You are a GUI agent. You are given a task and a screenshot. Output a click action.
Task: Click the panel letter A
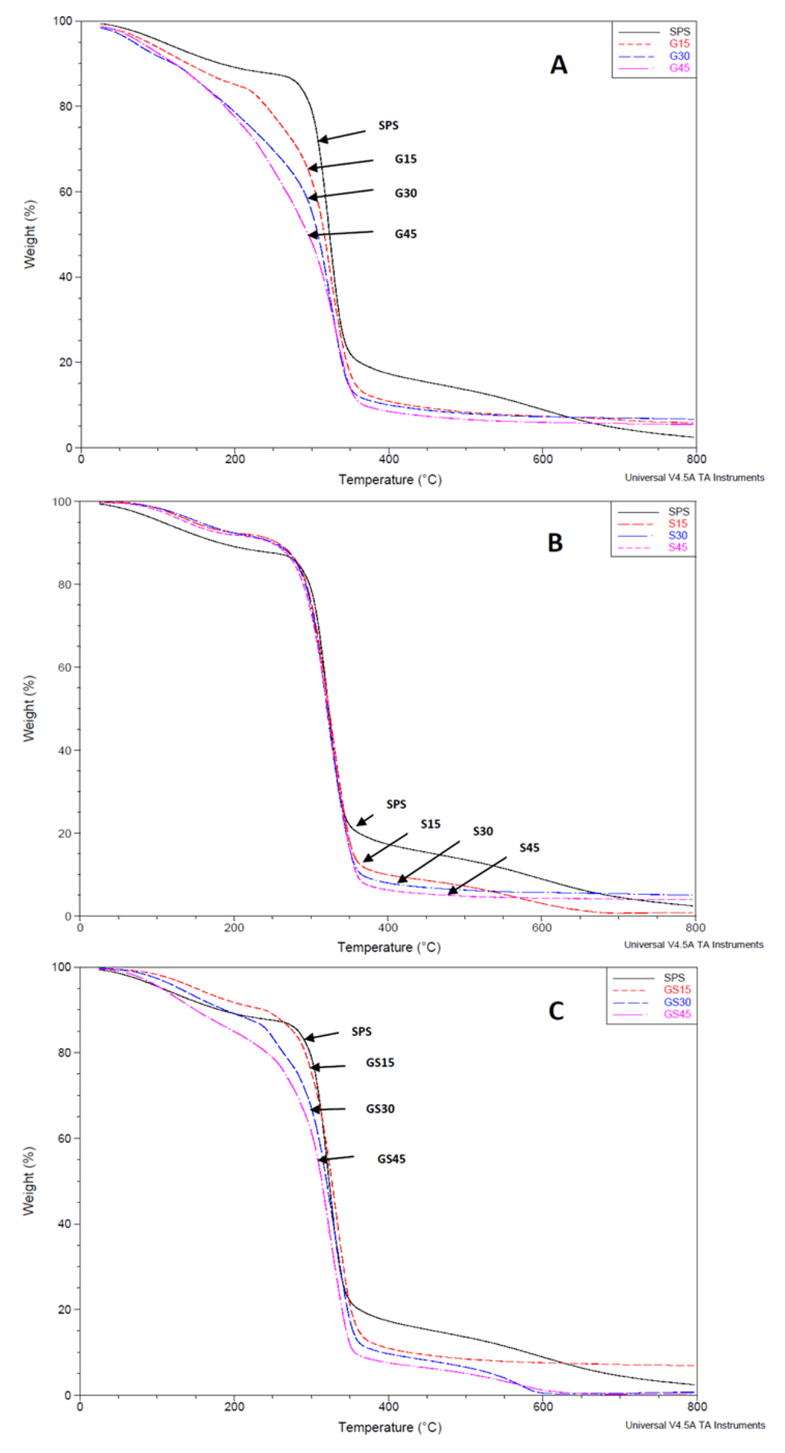coord(558,65)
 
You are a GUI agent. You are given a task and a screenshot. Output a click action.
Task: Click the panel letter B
coord(555,543)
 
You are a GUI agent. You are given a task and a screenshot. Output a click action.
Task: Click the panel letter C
coord(556,1011)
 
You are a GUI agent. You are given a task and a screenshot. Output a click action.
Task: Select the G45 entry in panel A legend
coord(679,68)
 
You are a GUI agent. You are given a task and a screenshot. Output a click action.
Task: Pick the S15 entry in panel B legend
coord(678,523)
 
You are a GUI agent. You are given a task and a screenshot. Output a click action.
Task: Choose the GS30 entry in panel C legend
coord(677,1002)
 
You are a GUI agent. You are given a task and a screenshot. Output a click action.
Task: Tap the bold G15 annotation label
coord(406,159)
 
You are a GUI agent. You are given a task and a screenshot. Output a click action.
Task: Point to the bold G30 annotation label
coord(406,193)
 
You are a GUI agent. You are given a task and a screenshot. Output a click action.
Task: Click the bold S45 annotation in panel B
coord(529,847)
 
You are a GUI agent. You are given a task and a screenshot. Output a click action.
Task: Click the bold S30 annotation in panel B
coord(482,831)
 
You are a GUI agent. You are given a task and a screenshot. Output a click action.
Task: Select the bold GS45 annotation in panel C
coord(391,1159)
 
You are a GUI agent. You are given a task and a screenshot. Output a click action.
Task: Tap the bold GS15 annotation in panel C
coord(379,1063)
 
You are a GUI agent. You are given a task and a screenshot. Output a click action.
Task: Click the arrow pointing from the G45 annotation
coord(340,233)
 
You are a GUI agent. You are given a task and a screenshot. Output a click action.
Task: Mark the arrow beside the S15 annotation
coord(385,846)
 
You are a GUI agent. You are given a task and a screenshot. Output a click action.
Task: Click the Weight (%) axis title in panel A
coord(30,234)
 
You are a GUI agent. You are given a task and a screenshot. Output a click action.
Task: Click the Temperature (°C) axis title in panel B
coord(389,947)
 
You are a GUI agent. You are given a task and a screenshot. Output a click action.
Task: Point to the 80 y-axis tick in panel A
coord(65,107)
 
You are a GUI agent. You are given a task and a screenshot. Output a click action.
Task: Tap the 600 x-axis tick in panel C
coord(543,1406)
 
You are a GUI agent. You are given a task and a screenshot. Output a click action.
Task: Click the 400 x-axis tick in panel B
coord(388,928)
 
